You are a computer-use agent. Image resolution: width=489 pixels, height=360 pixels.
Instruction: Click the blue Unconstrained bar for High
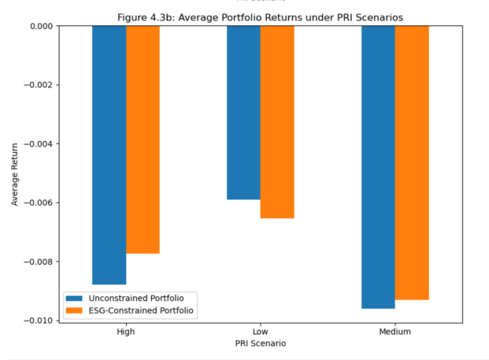tap(109, 154)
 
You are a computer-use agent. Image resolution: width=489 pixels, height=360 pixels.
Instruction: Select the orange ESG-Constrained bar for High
tap(143, 139)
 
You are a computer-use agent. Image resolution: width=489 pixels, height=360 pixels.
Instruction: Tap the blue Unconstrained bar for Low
tap(243, 113)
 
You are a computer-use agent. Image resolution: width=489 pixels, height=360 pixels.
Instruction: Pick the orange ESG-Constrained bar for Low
tap(277, 122)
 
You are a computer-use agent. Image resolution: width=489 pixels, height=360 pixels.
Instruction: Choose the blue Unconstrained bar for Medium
tap(378, 167)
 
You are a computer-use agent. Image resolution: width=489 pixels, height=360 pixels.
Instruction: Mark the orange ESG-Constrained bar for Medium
tap(412, 162)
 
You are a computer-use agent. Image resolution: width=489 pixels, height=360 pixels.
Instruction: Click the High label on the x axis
tap(126, 332)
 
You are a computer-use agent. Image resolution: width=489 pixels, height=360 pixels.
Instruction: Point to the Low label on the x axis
tap(261, 332)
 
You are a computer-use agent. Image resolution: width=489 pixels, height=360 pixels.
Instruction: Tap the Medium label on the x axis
tap(395, 332)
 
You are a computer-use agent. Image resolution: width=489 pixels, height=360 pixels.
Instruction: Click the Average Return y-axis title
tap(15, 173)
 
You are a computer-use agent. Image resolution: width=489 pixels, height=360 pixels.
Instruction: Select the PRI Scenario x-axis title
tap(261, 344)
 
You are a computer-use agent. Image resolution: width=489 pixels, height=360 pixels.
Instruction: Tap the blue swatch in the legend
tap(75, 297)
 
